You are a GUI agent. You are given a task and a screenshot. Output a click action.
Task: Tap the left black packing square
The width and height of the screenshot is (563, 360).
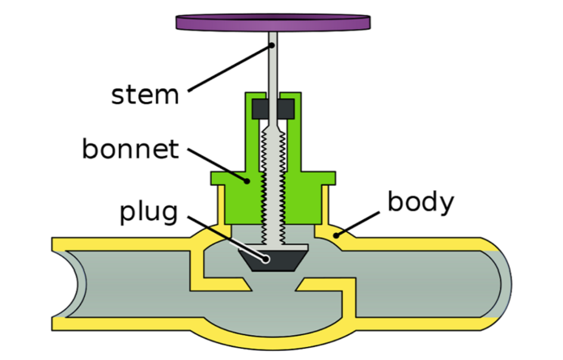[x=260, y=108]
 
